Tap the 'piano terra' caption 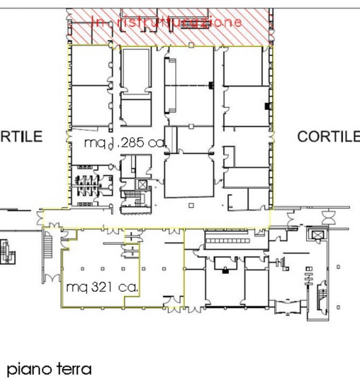(49, 369)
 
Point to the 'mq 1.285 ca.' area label (125, 143)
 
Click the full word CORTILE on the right (328, 136)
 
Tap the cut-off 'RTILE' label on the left (22, 136)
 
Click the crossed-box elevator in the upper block (142, 185)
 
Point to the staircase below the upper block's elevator (132, 198)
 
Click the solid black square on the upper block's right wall (267, 106)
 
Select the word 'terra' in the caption (73, 369)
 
